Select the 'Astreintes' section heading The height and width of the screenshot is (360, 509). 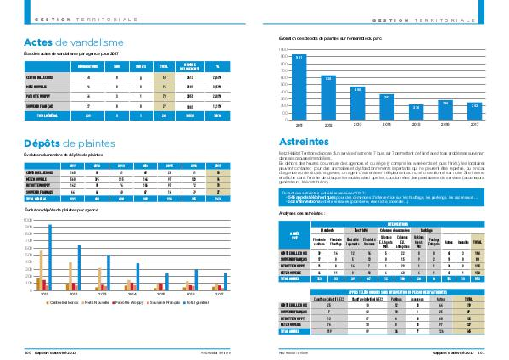click(x=305, y=142)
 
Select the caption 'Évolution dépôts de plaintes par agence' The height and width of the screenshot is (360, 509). click(x=59, y=208)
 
